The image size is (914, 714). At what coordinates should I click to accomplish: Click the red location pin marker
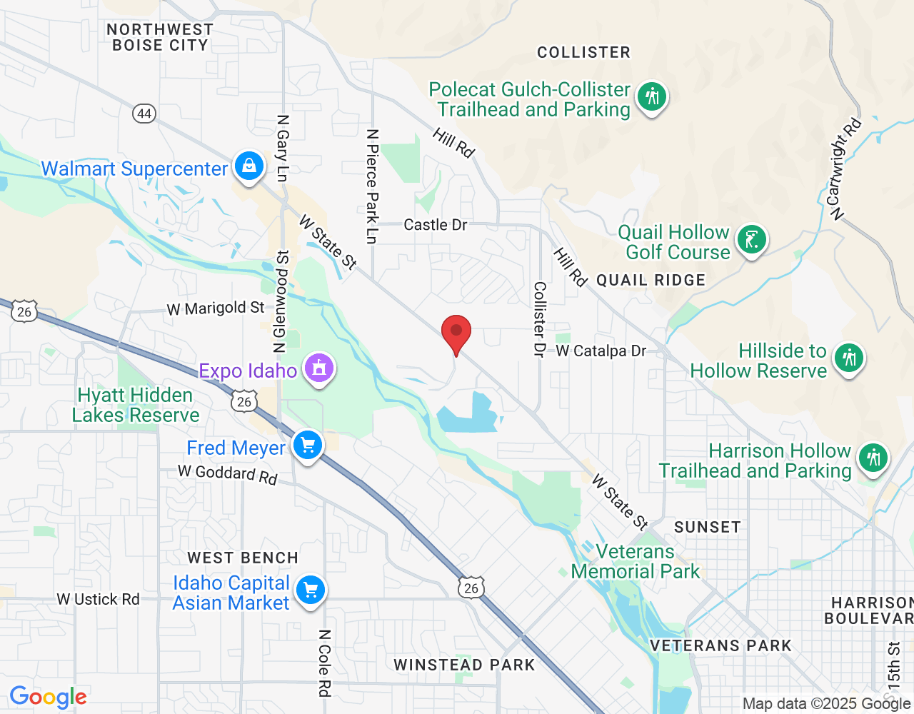coord(456,333)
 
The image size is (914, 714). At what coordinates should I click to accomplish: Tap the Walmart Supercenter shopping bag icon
coord(248,166)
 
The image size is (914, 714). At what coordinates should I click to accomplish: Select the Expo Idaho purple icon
coord(319,368)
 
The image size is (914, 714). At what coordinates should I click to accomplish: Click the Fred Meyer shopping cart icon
coord(308,446)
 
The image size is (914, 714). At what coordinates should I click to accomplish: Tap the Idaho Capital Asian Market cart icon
coord(310,590)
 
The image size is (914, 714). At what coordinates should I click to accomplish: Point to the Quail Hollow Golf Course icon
coord(751,239)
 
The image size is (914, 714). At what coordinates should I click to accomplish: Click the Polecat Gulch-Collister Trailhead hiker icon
coord(651,96)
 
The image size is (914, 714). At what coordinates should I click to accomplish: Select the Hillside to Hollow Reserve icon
coord(848,358)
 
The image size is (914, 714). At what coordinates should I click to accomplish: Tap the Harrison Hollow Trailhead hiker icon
coord(873,458)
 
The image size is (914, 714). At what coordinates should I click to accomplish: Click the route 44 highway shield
coord(144,114)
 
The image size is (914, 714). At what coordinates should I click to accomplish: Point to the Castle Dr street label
coord(436,225)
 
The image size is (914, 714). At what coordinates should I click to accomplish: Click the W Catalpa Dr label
coord(601,351)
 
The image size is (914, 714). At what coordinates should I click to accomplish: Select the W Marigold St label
coord(216,308)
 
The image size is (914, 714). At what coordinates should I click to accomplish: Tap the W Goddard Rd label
coord(227,474)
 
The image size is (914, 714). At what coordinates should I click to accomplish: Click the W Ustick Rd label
coord(99,599)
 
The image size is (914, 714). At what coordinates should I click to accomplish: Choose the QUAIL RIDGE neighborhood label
coord(651,280)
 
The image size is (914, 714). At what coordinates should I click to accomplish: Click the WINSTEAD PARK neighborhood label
coord(464,665)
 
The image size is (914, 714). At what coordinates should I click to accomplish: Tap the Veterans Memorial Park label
coord(636,561)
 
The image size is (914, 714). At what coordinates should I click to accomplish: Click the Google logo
coord(48,697)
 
